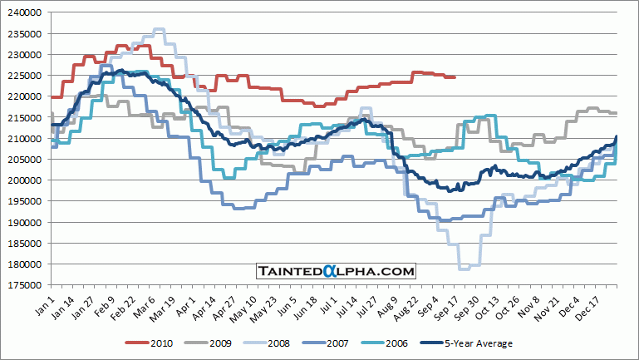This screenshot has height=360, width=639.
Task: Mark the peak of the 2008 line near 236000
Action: click(x=158, y=30)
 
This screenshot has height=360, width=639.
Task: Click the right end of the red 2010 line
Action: click(x=455, y=77)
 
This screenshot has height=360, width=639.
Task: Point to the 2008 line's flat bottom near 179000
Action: click(x=469, y=268)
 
